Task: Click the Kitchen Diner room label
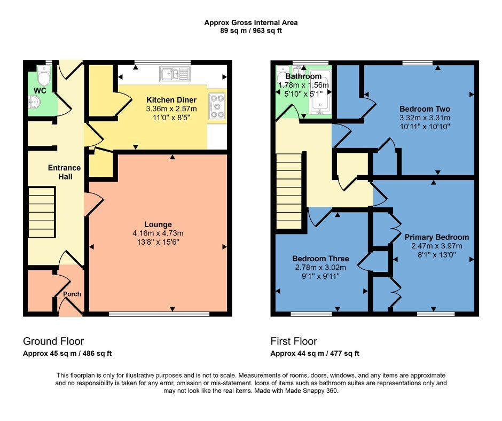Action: (171, 100)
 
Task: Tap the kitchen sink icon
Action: (174, 74)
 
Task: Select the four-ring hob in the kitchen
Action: (217, 106)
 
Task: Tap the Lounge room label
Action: (158, 224)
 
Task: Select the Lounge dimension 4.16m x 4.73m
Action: (158, 233)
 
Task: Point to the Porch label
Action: (72, 294)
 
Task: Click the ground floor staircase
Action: (41, 212)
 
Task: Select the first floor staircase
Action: (289, 191)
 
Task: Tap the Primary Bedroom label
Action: (436, 237)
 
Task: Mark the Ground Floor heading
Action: (53, 341)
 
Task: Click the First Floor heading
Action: (293, 341)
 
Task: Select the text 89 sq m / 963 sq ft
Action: (250, 31)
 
